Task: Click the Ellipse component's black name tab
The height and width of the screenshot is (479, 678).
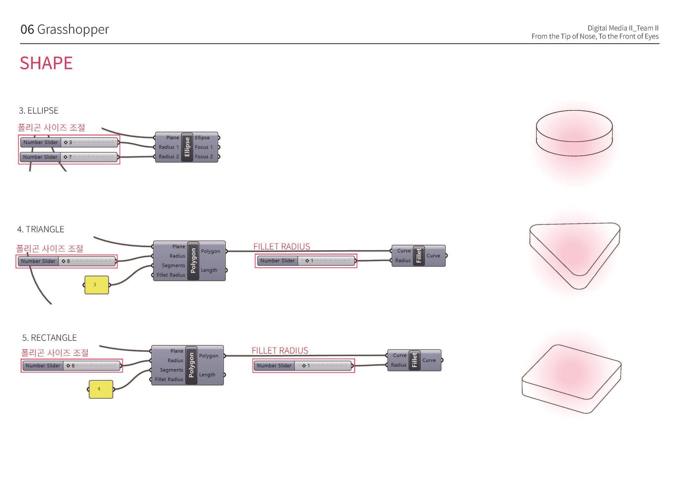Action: click(187, 147)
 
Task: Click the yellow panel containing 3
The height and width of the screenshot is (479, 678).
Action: click(96, 285)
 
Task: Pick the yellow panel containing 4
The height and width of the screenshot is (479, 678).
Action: click(100, 389)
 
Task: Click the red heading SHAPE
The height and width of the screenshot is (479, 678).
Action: click(46, 63)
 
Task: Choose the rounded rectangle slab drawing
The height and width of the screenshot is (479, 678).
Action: click(571, 378)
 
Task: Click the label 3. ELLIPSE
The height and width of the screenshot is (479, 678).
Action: click(39, 111)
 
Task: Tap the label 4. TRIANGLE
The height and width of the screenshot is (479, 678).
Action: click(41, 229)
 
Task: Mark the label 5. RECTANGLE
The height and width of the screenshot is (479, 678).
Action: click(50, 338)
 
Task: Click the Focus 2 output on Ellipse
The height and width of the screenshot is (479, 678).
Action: click(204, 157)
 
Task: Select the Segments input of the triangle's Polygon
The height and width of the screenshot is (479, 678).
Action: click(173, 266)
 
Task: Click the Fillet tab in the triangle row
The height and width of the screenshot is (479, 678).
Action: click(419, 256)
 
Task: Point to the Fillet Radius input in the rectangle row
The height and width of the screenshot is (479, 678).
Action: click(169, 380)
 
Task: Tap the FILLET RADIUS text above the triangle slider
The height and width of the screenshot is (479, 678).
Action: click(281, 246)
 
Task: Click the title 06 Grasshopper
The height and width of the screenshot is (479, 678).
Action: click(65, 29)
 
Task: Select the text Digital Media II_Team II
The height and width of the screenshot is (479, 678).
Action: click(622, 28)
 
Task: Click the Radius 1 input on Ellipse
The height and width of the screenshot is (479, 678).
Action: click(169, 147)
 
